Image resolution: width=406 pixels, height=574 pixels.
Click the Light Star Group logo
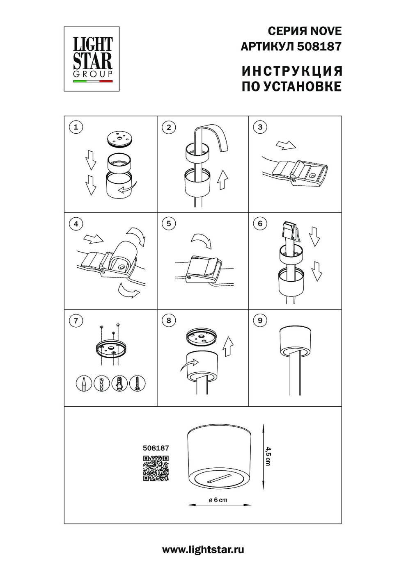[92, 59]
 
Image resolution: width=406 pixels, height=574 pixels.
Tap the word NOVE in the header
[326, 31]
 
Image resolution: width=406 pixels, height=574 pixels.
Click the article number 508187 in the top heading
[319, 47]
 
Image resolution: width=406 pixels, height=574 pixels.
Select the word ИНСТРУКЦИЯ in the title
[292, 71]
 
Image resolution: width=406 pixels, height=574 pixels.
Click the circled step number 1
[76, 127]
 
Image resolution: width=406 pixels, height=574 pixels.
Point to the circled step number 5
[169, 223]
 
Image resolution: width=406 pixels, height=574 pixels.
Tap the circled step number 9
[260, 320]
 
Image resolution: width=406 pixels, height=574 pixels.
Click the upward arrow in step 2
[222, 180]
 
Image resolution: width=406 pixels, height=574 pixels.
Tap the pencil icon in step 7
[84, 383]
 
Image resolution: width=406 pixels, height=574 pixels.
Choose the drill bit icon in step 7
[102, 383]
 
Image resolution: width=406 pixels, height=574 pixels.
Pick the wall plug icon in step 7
[119, 383]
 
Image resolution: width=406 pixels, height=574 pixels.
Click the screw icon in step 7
[138, 383]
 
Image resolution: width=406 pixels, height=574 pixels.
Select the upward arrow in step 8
[228, 346]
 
